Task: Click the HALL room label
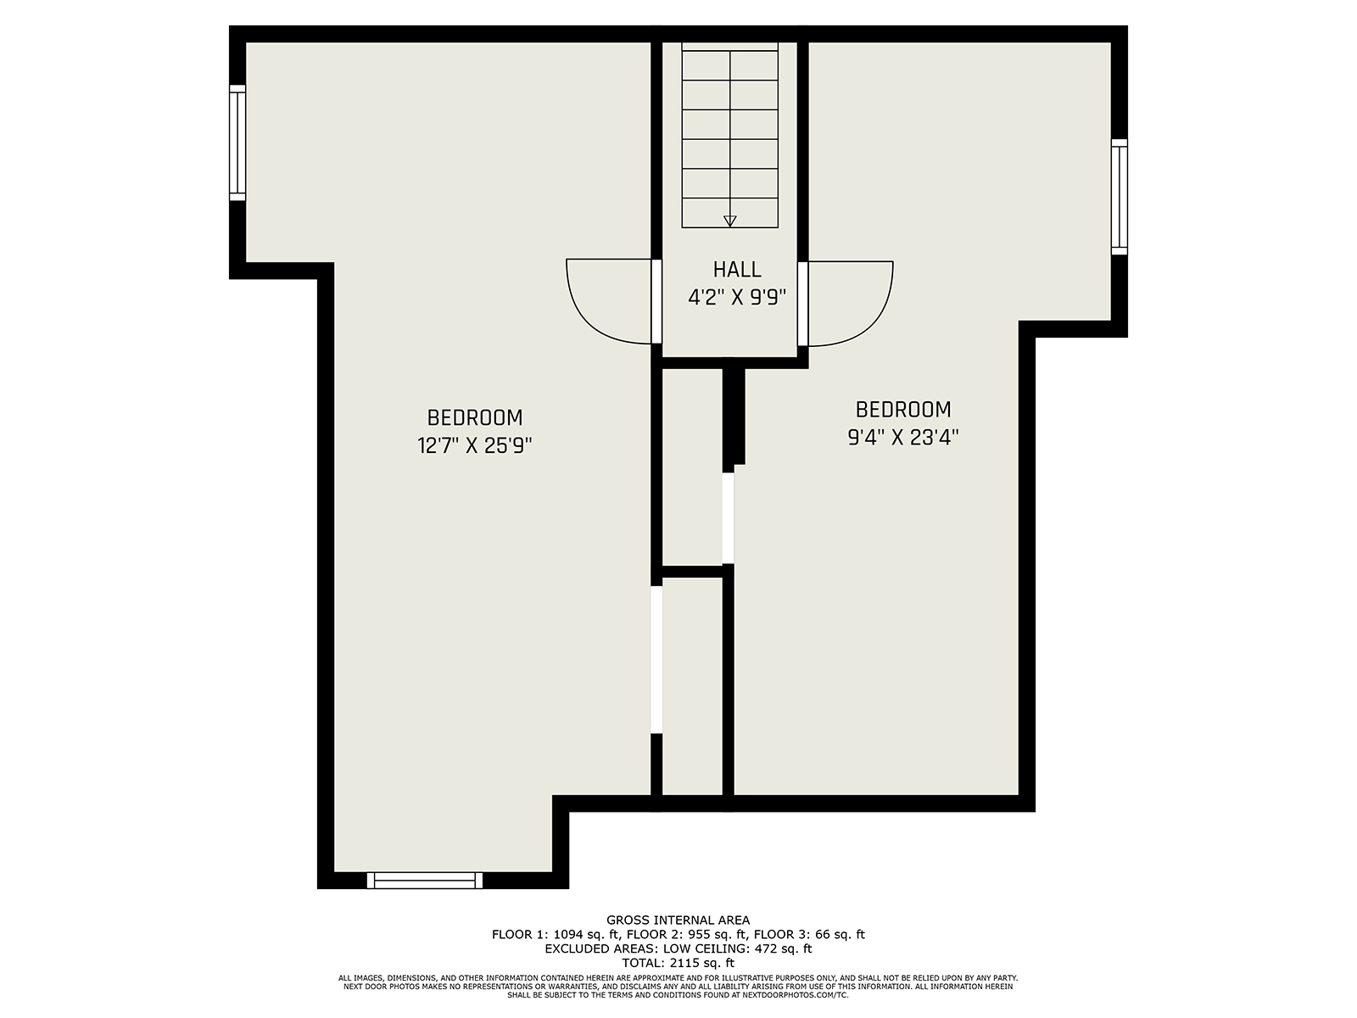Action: coord(737,270)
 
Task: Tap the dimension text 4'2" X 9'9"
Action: coord(737,298)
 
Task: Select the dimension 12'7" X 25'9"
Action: coord(475,445)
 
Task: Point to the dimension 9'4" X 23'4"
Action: coord(902,438)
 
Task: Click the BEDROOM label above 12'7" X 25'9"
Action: coord(475,418)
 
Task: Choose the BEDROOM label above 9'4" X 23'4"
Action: coord(902,409)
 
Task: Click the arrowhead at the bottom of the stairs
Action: coord(730,221)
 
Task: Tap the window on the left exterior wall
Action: coord(237,143)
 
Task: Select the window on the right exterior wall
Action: coord(1120,197)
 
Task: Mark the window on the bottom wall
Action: coord(425,881)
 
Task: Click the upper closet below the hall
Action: coord(692,467)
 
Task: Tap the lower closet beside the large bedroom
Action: coord(692,686)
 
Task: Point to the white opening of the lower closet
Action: coord(656,659)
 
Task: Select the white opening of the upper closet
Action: coord(729,518)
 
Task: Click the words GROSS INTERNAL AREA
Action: coord(678,920)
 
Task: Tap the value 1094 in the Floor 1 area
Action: coord(568,935)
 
